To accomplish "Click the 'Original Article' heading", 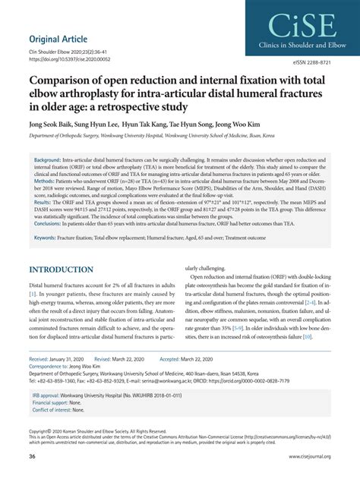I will pyautogui.click(x=58, y=39).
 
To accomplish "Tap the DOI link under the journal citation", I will pyautogui.click(x=69, y=59).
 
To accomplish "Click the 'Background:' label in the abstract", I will pyautogui.click(x=47, y=162).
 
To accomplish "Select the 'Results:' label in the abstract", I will pyautogui.click(x=43, y=210).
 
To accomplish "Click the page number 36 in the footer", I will pyautogui.click(x=33, y=456).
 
